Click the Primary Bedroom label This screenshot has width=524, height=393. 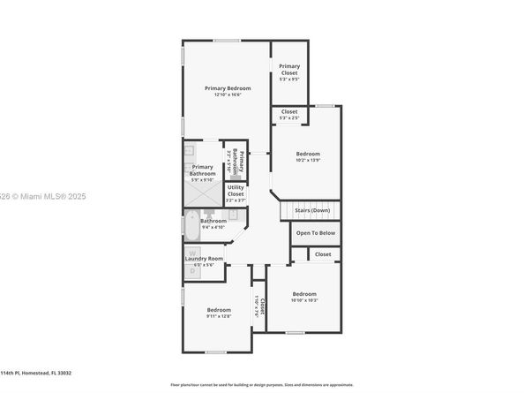228,88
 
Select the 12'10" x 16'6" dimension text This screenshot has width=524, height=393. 228,95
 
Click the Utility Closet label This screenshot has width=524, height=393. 236,190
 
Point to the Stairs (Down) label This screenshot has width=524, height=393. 312,211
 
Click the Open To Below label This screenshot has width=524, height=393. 315,233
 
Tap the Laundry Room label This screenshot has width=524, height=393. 204,258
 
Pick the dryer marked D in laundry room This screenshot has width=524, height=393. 191,271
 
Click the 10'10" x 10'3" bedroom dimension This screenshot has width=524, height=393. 304,300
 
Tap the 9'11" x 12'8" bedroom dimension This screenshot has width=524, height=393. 219,316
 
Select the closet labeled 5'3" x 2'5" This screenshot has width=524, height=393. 289,115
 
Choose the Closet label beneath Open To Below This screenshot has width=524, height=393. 323,254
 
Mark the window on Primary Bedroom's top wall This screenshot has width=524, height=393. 227,40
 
